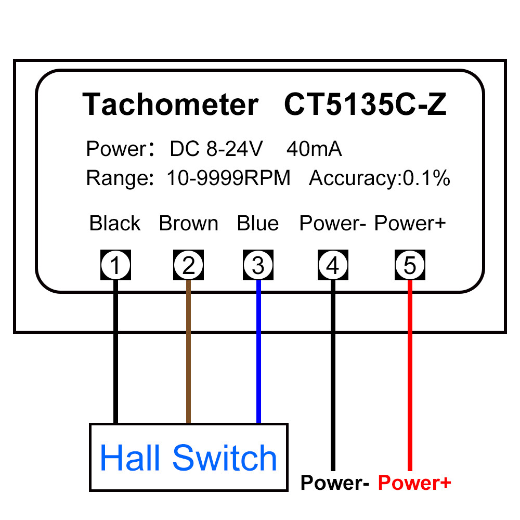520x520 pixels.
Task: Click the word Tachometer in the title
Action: point(171,104)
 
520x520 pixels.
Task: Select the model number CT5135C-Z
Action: point(366,104)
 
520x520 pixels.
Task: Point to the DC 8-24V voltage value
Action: point(216,149)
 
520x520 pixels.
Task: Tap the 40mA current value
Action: point(314,149)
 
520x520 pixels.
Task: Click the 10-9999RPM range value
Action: point(228,178)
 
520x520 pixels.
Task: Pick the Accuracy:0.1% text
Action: point(380,178)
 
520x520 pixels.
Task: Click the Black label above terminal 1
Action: point(115,223)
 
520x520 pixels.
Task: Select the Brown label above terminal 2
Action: point(188,223)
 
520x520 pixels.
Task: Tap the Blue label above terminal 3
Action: point(258,223)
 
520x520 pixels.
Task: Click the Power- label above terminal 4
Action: point(333,223)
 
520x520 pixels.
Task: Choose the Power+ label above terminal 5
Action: point(410,223)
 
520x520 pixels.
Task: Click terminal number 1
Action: point(116,265)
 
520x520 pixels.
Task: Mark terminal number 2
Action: point(188,265)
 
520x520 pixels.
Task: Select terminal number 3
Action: point(258,265)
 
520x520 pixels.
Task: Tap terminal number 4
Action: point(333,265)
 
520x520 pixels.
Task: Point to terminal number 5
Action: point(410,265)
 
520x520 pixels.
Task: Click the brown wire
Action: point(188,352)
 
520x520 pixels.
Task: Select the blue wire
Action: point(258,352)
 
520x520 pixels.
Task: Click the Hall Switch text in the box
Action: point(188,458)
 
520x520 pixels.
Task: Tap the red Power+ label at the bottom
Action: point(414,483)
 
